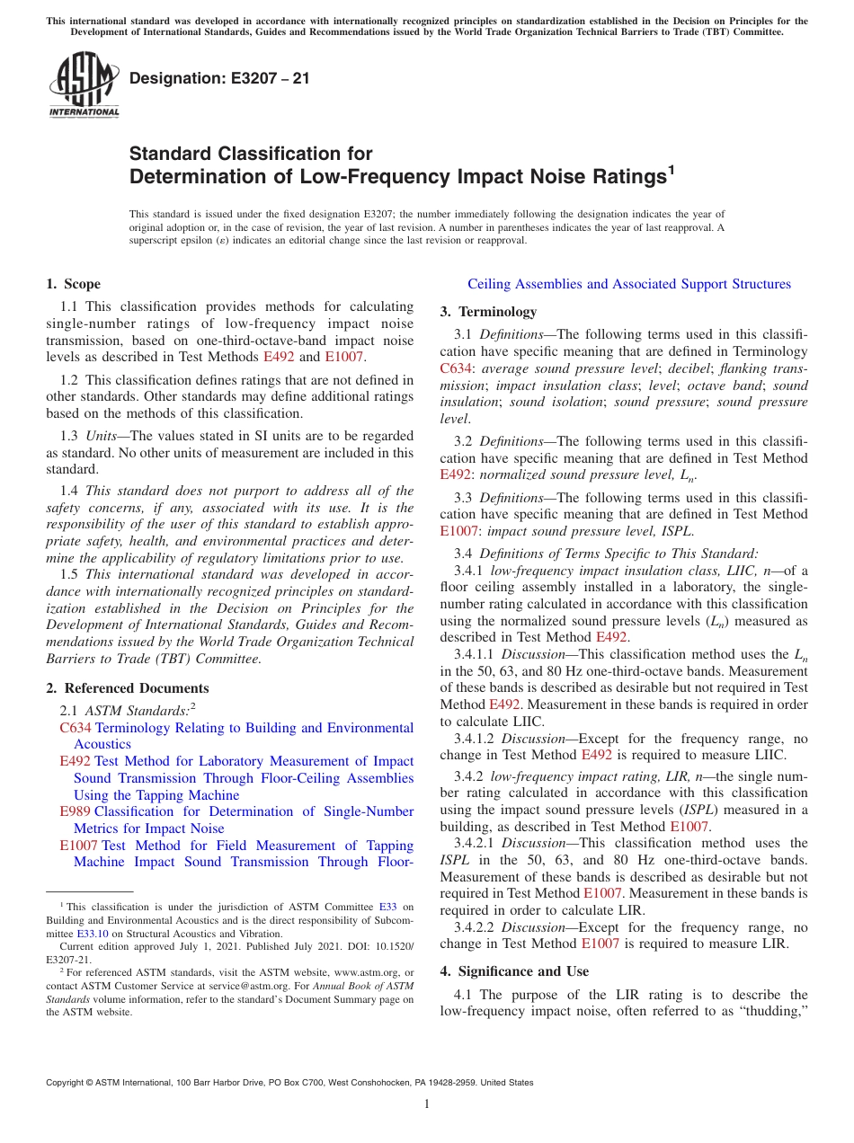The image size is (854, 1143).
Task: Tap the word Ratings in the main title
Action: (616, 176)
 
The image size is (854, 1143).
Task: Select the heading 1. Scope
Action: (74, 284)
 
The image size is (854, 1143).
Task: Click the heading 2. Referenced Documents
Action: (128, 688)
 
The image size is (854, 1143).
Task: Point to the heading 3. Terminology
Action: (488, 312)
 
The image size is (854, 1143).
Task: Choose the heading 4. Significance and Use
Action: (514, 971)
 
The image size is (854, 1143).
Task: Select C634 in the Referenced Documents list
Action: (76, 728)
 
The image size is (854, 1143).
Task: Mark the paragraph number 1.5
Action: (70, 574)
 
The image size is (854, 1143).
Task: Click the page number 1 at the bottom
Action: (427, 1103)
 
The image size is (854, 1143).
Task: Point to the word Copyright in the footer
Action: (67, 1083)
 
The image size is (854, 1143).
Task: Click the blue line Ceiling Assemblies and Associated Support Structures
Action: (629, 284)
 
